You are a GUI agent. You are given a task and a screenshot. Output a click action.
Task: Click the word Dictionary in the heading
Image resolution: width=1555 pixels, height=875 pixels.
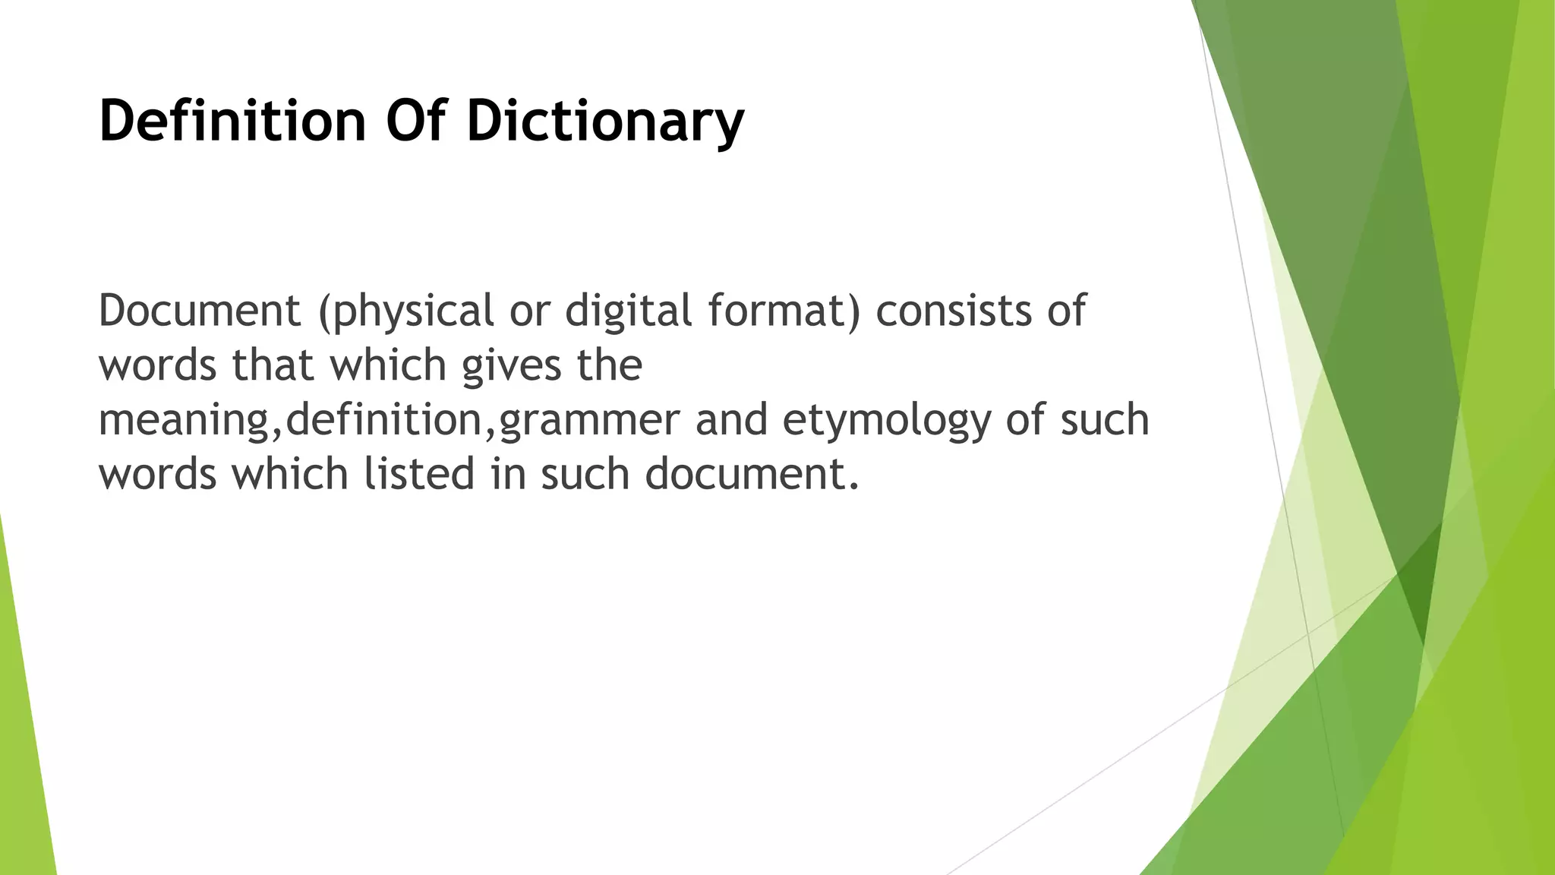pos(605,122)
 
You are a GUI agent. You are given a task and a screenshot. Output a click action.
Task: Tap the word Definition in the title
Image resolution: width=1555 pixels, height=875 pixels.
pos(232,122)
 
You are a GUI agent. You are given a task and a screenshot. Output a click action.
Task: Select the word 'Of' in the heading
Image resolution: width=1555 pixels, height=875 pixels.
pos(416,122)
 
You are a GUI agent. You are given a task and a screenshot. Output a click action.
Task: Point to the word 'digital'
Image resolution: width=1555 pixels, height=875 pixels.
pos(628,311)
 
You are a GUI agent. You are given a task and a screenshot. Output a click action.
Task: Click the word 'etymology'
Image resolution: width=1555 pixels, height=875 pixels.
pos(886,421)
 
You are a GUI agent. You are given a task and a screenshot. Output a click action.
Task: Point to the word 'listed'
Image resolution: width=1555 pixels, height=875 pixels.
pos(419,475)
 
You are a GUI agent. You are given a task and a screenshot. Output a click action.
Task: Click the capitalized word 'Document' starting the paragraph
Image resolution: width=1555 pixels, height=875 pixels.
pos(200,311)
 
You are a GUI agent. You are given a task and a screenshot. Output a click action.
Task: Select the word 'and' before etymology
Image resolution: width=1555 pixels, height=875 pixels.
pos(731,421)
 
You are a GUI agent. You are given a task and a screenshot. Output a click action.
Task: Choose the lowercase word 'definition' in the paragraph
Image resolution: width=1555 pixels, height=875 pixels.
pos(384,421)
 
